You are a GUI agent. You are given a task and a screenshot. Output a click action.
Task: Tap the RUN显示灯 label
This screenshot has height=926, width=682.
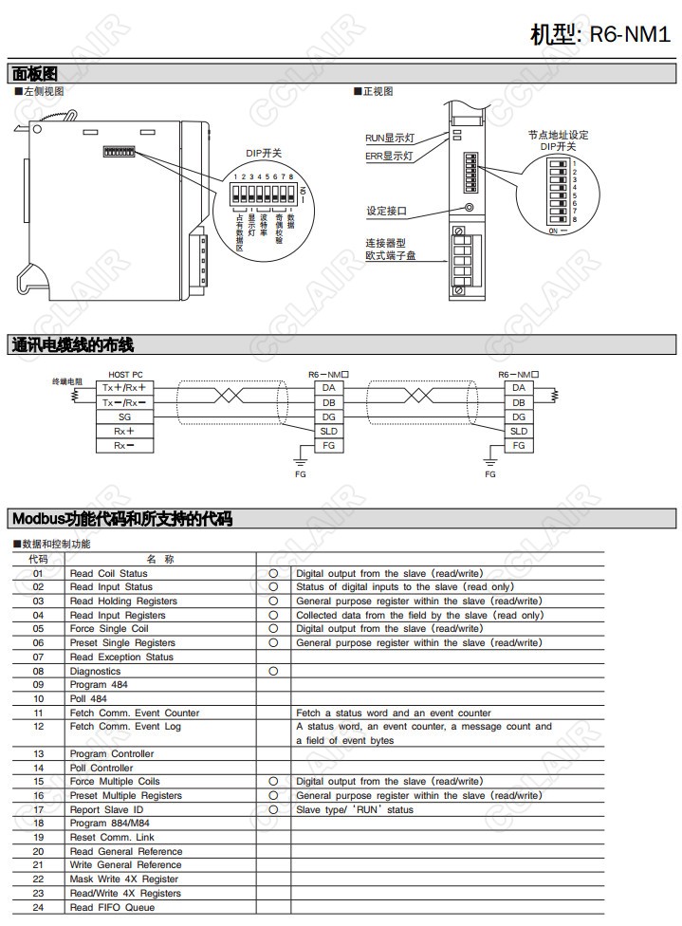point(389,138)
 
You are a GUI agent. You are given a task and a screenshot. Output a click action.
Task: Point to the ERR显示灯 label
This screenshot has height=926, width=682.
point(389,156)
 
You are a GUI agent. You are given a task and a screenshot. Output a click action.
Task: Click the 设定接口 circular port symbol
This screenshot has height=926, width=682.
point(469,209)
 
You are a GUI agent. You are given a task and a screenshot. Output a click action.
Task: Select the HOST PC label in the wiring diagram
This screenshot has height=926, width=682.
point(125,375)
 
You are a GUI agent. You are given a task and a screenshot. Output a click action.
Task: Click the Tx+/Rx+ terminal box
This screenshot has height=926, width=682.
point(124,387)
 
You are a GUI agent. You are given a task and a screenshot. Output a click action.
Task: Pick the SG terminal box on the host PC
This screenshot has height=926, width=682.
point(124,417)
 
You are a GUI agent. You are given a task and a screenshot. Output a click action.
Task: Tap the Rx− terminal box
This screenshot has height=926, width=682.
point(124,445)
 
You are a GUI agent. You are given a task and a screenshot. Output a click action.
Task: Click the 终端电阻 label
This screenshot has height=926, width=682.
point(67,380)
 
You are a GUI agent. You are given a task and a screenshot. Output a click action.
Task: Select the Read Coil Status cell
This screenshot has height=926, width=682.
point(109,573)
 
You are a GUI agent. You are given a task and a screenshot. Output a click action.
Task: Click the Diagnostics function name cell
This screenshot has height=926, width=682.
point(96,671)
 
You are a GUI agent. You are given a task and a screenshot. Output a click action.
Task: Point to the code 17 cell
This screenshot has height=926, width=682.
point(39,809)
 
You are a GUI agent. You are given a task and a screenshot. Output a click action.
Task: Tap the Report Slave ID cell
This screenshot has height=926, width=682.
point(106,809)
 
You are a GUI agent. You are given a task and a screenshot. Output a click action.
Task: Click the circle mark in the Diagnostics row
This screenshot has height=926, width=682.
point(273,671)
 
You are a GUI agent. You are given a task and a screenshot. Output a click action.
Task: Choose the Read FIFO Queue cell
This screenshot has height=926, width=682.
point(112,907)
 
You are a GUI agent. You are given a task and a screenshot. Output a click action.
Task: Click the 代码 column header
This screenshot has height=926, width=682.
point(39,559)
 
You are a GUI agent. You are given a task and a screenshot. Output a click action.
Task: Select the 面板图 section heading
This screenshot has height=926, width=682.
point(35,73)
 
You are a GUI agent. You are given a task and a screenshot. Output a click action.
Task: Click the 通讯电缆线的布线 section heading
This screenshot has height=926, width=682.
point(72,344)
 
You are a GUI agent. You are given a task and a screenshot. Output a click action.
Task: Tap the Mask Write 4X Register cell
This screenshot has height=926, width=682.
point(123,879)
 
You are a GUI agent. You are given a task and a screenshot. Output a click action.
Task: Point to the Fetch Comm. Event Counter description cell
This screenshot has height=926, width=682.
point(394,713)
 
